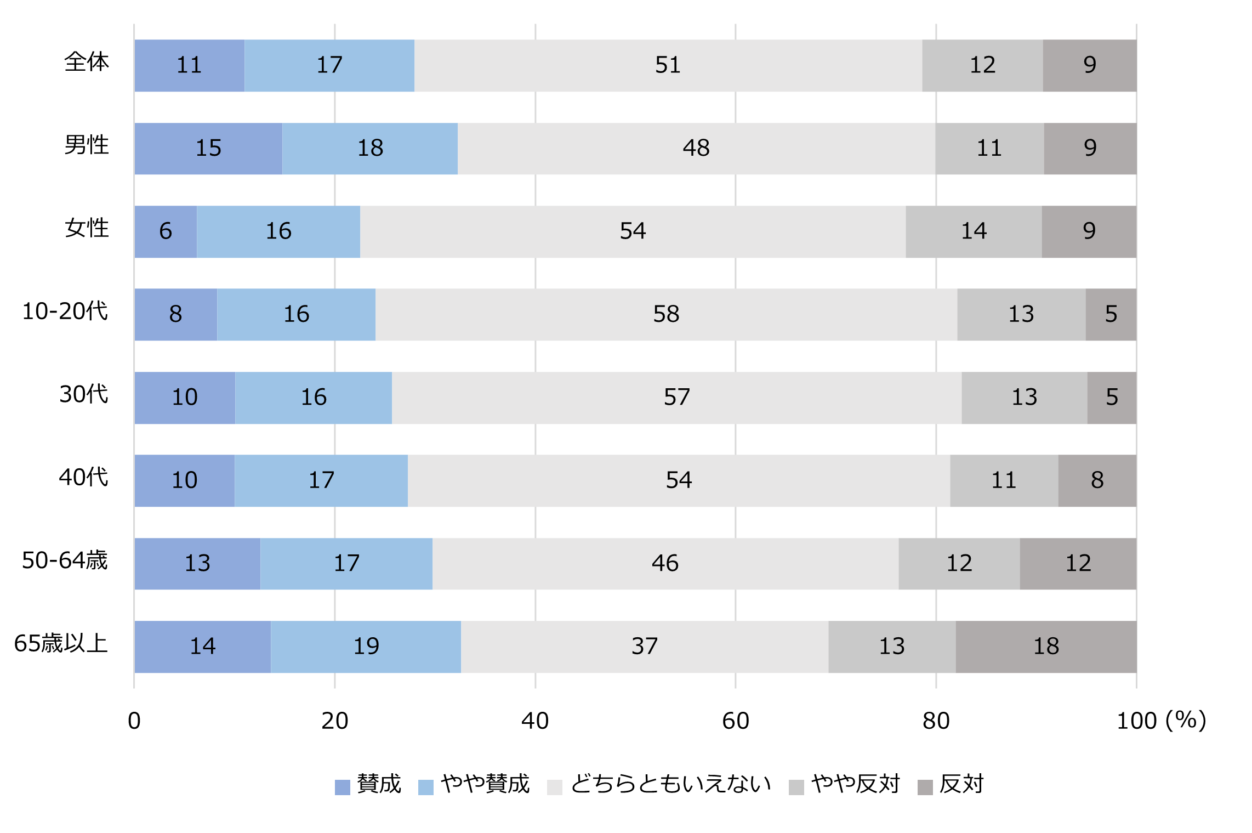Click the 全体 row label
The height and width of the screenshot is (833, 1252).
87,62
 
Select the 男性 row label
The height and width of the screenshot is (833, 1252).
87,145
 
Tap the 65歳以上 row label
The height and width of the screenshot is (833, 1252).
61,643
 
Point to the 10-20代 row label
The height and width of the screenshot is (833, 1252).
65,311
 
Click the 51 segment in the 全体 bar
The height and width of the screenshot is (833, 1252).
668,65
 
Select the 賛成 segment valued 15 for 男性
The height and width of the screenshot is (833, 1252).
208,148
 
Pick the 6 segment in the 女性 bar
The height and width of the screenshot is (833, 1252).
166,231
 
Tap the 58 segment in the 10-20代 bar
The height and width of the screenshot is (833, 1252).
666,314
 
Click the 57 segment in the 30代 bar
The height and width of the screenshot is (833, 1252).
676,398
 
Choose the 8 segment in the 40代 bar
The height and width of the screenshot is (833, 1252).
1097,480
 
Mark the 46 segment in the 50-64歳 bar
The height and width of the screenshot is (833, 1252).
665,563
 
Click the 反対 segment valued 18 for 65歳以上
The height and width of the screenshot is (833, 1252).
1046,647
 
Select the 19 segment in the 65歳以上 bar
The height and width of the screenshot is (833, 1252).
366,647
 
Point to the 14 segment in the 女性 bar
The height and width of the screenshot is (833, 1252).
974,231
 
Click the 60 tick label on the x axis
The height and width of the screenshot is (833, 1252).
735,721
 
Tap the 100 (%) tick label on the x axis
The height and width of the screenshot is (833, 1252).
1160,721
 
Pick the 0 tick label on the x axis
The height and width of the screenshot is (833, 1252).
134,721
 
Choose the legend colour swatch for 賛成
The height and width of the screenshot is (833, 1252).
343,787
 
